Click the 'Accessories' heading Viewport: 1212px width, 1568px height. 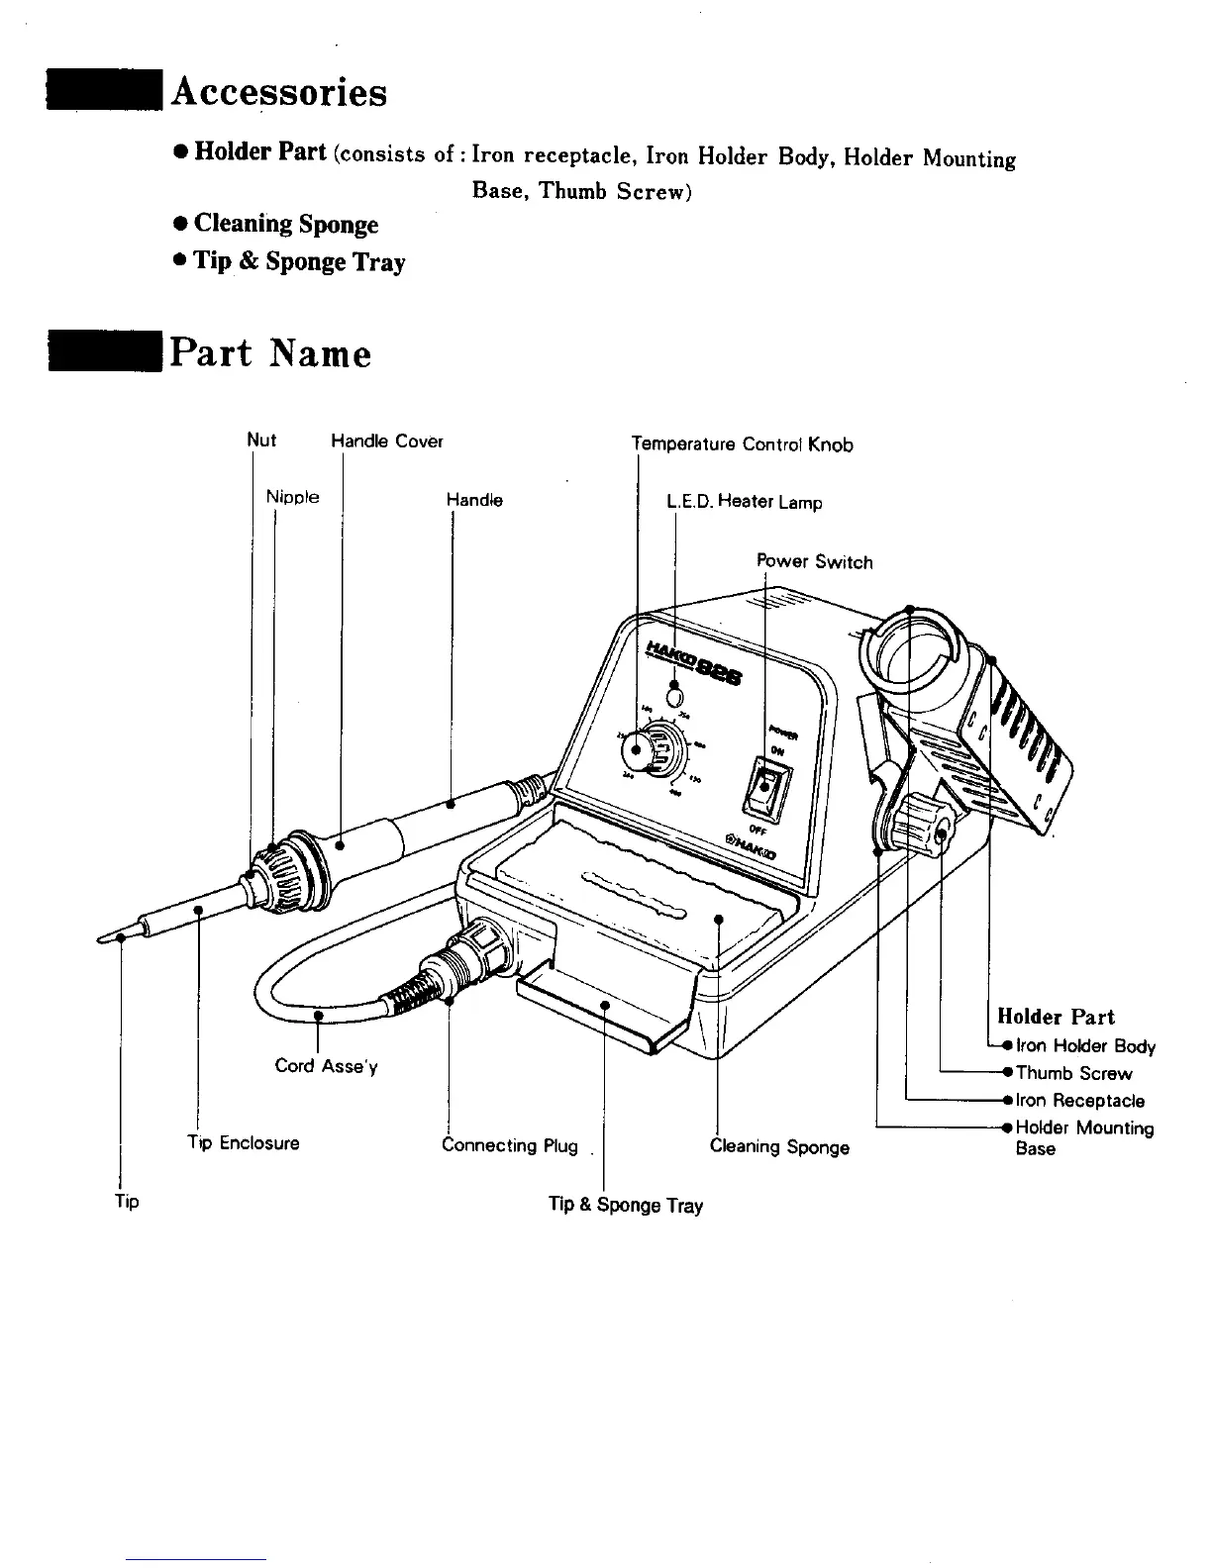pyautogui.click(x=278, y=92)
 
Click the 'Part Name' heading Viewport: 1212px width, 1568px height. pyautogui.click(x=270, y=353)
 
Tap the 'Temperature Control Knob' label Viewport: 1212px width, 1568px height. pyautogui.click(x=743, y=444)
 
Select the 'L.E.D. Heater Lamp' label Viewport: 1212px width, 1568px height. pyautogui.click(x=745, y=503)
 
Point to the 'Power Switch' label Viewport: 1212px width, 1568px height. pyautogui.click(x=815, y=562)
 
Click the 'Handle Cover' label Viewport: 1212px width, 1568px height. pyautogui.click(x=386, y=441)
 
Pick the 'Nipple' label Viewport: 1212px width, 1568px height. pyautogui.click(x=292, y=497)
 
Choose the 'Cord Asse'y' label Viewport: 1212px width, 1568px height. pyautogui.click(x=326, y=1066)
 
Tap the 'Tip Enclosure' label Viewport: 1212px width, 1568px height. pyautogui.click(x=244, y=1143)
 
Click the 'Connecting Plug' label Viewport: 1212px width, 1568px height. pyautogui.click(x=510, y=1146)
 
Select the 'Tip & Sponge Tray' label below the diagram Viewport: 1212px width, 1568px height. pyautogui.click(x=626, y=1205)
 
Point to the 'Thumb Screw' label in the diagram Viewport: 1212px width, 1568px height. pyautogui.click(x=1073, y=1073)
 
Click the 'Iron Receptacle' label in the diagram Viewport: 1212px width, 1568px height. pyautogui.click(x=1080, y=1101)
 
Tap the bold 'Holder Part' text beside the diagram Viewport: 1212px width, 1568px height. pyautogui.click(x=1056, y=1017)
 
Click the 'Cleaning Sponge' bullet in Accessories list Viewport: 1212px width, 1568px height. pyautogui.click(x=286, y=225)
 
